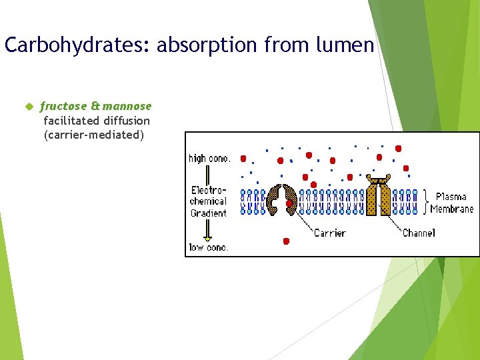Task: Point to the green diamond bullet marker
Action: [29, 106]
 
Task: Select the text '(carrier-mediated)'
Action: [93, 135]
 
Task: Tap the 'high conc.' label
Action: [209, 159]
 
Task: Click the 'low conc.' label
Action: [208, 247]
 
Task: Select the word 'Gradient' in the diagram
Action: [208, 213]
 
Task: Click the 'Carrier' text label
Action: [329, 233]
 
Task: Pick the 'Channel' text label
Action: [419, 233]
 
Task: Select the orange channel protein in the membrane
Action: [379, 198]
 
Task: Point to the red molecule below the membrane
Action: [286, 241]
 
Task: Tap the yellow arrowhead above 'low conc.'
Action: [208, 238]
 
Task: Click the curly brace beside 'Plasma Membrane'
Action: [426, 202]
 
